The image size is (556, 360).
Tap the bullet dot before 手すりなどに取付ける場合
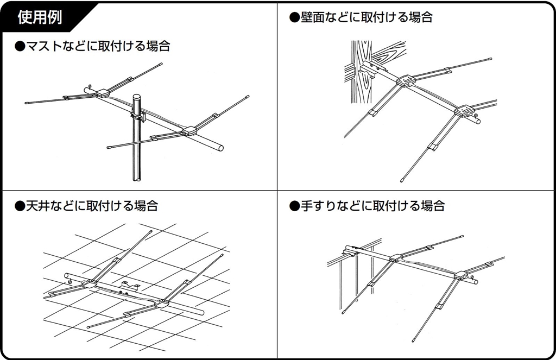coord(295,206)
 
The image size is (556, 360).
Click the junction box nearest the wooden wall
coord(406,81)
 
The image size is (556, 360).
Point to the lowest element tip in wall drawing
coord(402,178)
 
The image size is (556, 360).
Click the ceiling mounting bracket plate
coord(129,284)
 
